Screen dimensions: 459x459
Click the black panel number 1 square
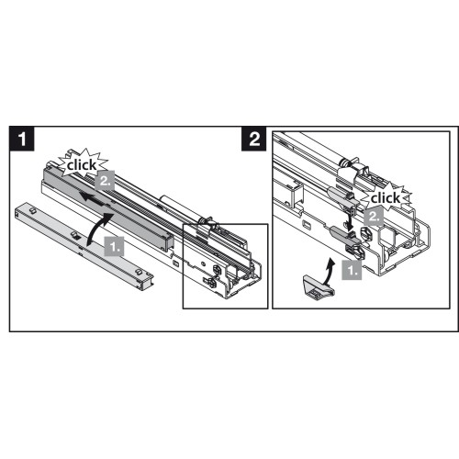(x=22, y=139)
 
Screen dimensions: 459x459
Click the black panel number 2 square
(x=254, y=139)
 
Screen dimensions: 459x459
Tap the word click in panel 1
(x=82, y=165)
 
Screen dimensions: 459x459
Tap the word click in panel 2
(x=386, y=198)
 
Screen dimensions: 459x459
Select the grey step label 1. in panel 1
(x=115, y=246)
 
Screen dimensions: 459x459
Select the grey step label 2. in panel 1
(x=105, y=181)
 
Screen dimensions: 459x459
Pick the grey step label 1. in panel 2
(x=352, y=270)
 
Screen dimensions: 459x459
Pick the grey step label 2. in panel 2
(x=374, y=216)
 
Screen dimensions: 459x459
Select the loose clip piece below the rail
(x=319, y=285)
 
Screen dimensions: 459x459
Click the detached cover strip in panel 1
(x=84, y=246)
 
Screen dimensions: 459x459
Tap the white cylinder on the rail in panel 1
(x=180, y=207)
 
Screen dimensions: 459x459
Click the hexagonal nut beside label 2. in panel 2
(x=366, y=233)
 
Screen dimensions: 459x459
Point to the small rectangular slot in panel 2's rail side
(x=307, y=224)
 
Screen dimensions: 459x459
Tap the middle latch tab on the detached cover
(x=75, y=235)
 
